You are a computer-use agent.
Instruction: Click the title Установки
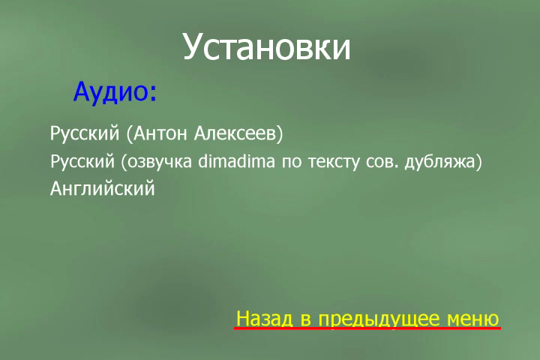tap(266, 47)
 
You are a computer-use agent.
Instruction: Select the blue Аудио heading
tap(115, 92)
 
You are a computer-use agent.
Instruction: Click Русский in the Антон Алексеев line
tap(85, 133)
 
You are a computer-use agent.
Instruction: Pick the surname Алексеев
tap(235, 133)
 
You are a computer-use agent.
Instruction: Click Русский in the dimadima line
tap(82, 161)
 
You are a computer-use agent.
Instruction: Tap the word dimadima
tap(236, 161)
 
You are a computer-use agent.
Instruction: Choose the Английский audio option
tap(103, 189)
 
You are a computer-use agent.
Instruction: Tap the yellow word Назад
tap(265, 319)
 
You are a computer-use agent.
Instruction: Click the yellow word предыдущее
tap(379, 319)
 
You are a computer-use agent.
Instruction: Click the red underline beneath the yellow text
tap(367, 328)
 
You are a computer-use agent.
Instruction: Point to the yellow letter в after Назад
tap(305, 320)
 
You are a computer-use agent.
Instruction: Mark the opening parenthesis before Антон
tap(130, 134)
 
